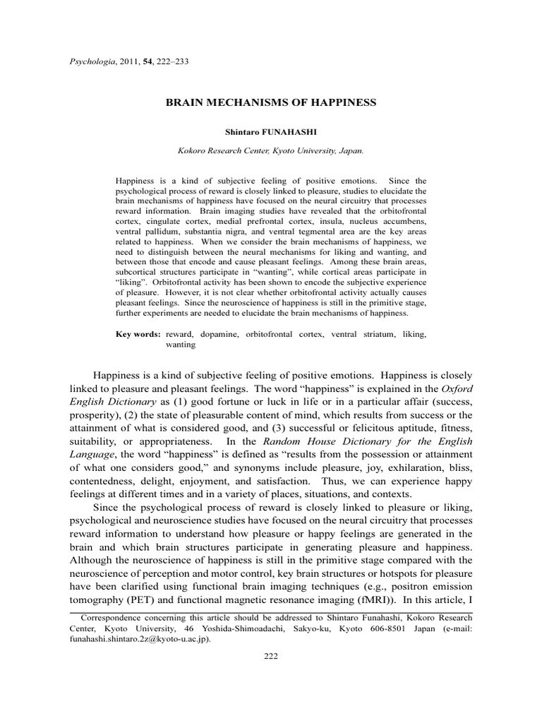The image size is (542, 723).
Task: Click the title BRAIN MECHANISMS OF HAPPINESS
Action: point(271,102)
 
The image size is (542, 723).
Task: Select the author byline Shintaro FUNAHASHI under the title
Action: point(271,131)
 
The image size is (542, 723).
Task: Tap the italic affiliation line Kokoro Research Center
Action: point(271,150)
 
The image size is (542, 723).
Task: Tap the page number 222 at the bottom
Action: point(271,656)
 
